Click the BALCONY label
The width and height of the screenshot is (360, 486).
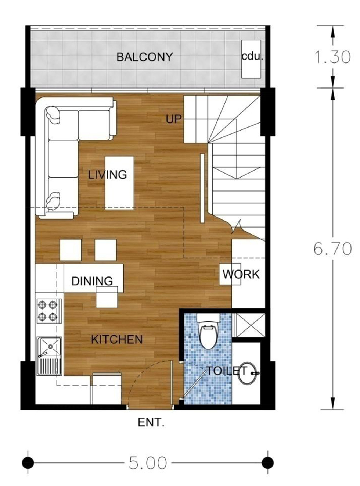pyautogui.click(x=144, y=57)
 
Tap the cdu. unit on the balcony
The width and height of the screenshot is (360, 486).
pyautogui.click(x=251, y=59)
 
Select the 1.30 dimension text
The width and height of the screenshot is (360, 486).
pyautogui.click(x=332, y=57)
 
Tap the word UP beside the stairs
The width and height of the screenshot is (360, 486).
pyautogui.click(x=174, y=119)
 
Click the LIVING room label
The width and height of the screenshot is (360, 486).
pyautogui.click(x=107, y=175)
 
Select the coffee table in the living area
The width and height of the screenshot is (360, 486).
pyautogui.click(x=119, y=183)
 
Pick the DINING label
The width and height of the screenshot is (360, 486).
pyautogui.click(x=92, y=281)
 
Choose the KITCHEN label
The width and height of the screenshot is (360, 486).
pyautogui.click(x=117, y=339)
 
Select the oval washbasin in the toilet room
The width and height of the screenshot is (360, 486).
pyautogui.click(x=247, y=373)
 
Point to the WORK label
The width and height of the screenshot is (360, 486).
pyautogui.click(x=241, y=274)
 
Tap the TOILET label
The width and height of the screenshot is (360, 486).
pyautogui.click(x=227, y=371)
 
